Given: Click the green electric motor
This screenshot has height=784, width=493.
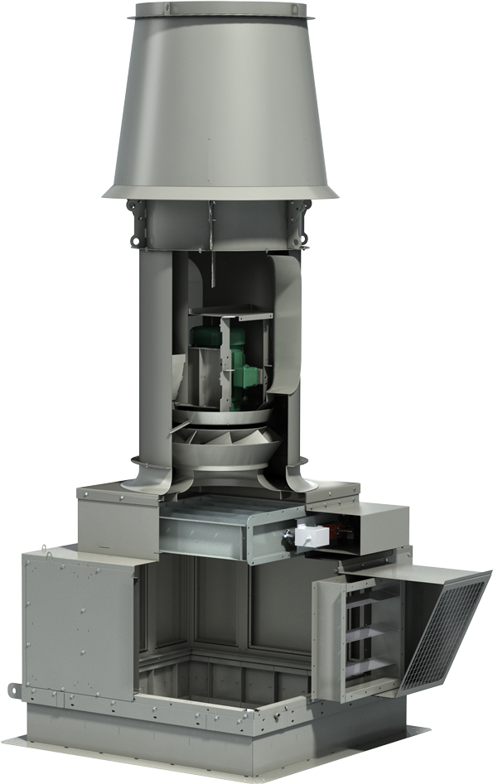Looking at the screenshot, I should pos(240,364).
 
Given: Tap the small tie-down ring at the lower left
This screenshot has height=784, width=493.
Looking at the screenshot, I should pos(13,689).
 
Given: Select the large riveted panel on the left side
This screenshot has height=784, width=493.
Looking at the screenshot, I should pos(79,625).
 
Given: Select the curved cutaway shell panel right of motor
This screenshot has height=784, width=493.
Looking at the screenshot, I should pos(284,323).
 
